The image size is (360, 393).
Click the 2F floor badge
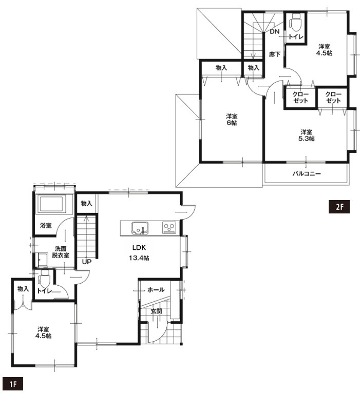tap(339, 207)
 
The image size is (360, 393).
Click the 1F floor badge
tap(13, 384)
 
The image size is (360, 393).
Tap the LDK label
tap(139, 248)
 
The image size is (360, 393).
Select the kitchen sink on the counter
tap(140, 228)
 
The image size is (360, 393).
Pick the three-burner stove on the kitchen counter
tap(169, 228)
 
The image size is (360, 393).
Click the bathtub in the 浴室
tap(51, 204)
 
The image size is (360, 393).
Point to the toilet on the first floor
tap(45, 279)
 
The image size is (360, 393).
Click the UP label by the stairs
tap(87, 262)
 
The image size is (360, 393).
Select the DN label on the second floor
tap(274, 31)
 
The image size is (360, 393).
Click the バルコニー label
tap(307, 173)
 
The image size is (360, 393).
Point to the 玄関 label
tap(156, 311)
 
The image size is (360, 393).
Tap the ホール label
tap(156, 290)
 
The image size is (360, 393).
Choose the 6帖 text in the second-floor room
tap(231, 123)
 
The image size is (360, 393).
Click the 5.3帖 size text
tap(306, 139)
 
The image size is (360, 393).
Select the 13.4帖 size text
tap(139, 258)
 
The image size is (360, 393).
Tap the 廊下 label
tap(274, 54)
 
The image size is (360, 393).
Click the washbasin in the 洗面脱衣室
tap(43, 260)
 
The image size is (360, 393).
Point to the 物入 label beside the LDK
tap(86, 203)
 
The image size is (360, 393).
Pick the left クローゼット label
tap(300, 97)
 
